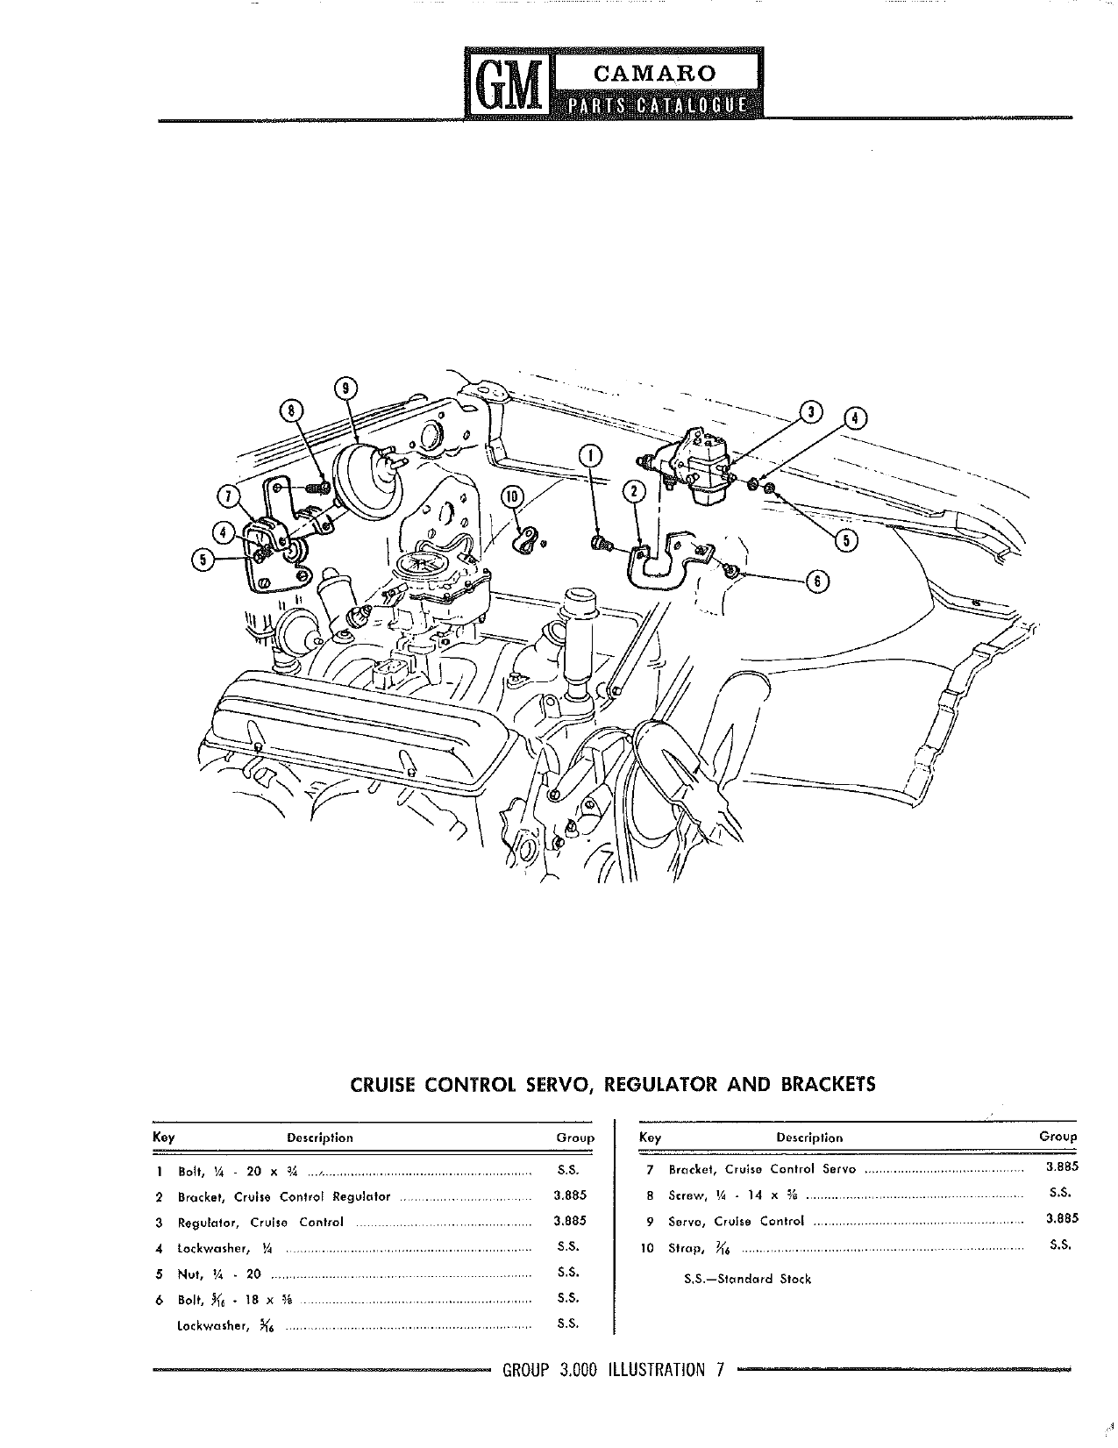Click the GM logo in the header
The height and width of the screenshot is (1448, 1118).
[509, 83]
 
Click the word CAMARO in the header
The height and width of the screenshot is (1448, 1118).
[655, 73]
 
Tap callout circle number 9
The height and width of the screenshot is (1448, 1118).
[345, 388]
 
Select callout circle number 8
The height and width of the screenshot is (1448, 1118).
[291, 410]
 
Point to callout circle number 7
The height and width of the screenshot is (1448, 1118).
[228, 496]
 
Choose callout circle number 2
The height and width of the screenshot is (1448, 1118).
[634, 492]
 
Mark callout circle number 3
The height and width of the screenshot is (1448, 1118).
[811, 412]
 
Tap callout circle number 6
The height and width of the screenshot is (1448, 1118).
[817, 581]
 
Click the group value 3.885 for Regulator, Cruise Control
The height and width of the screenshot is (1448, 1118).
[570, 1221]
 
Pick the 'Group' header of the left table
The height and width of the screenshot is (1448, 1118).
[575, 1138]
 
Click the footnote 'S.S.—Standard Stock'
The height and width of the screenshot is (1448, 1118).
[748, 1279]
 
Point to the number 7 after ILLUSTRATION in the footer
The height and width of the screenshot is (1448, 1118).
[720, 1370]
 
